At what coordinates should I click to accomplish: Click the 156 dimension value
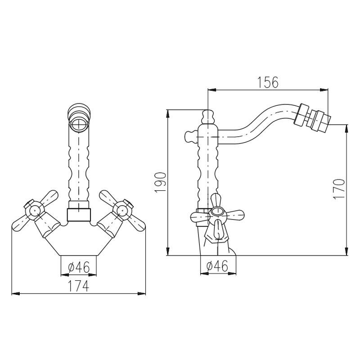(268, 82)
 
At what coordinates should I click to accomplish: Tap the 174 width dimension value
(78, 285)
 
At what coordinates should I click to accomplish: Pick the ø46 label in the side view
(216, 266)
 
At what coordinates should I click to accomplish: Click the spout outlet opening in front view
(79, 122)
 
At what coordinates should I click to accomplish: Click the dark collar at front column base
(79, 215)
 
